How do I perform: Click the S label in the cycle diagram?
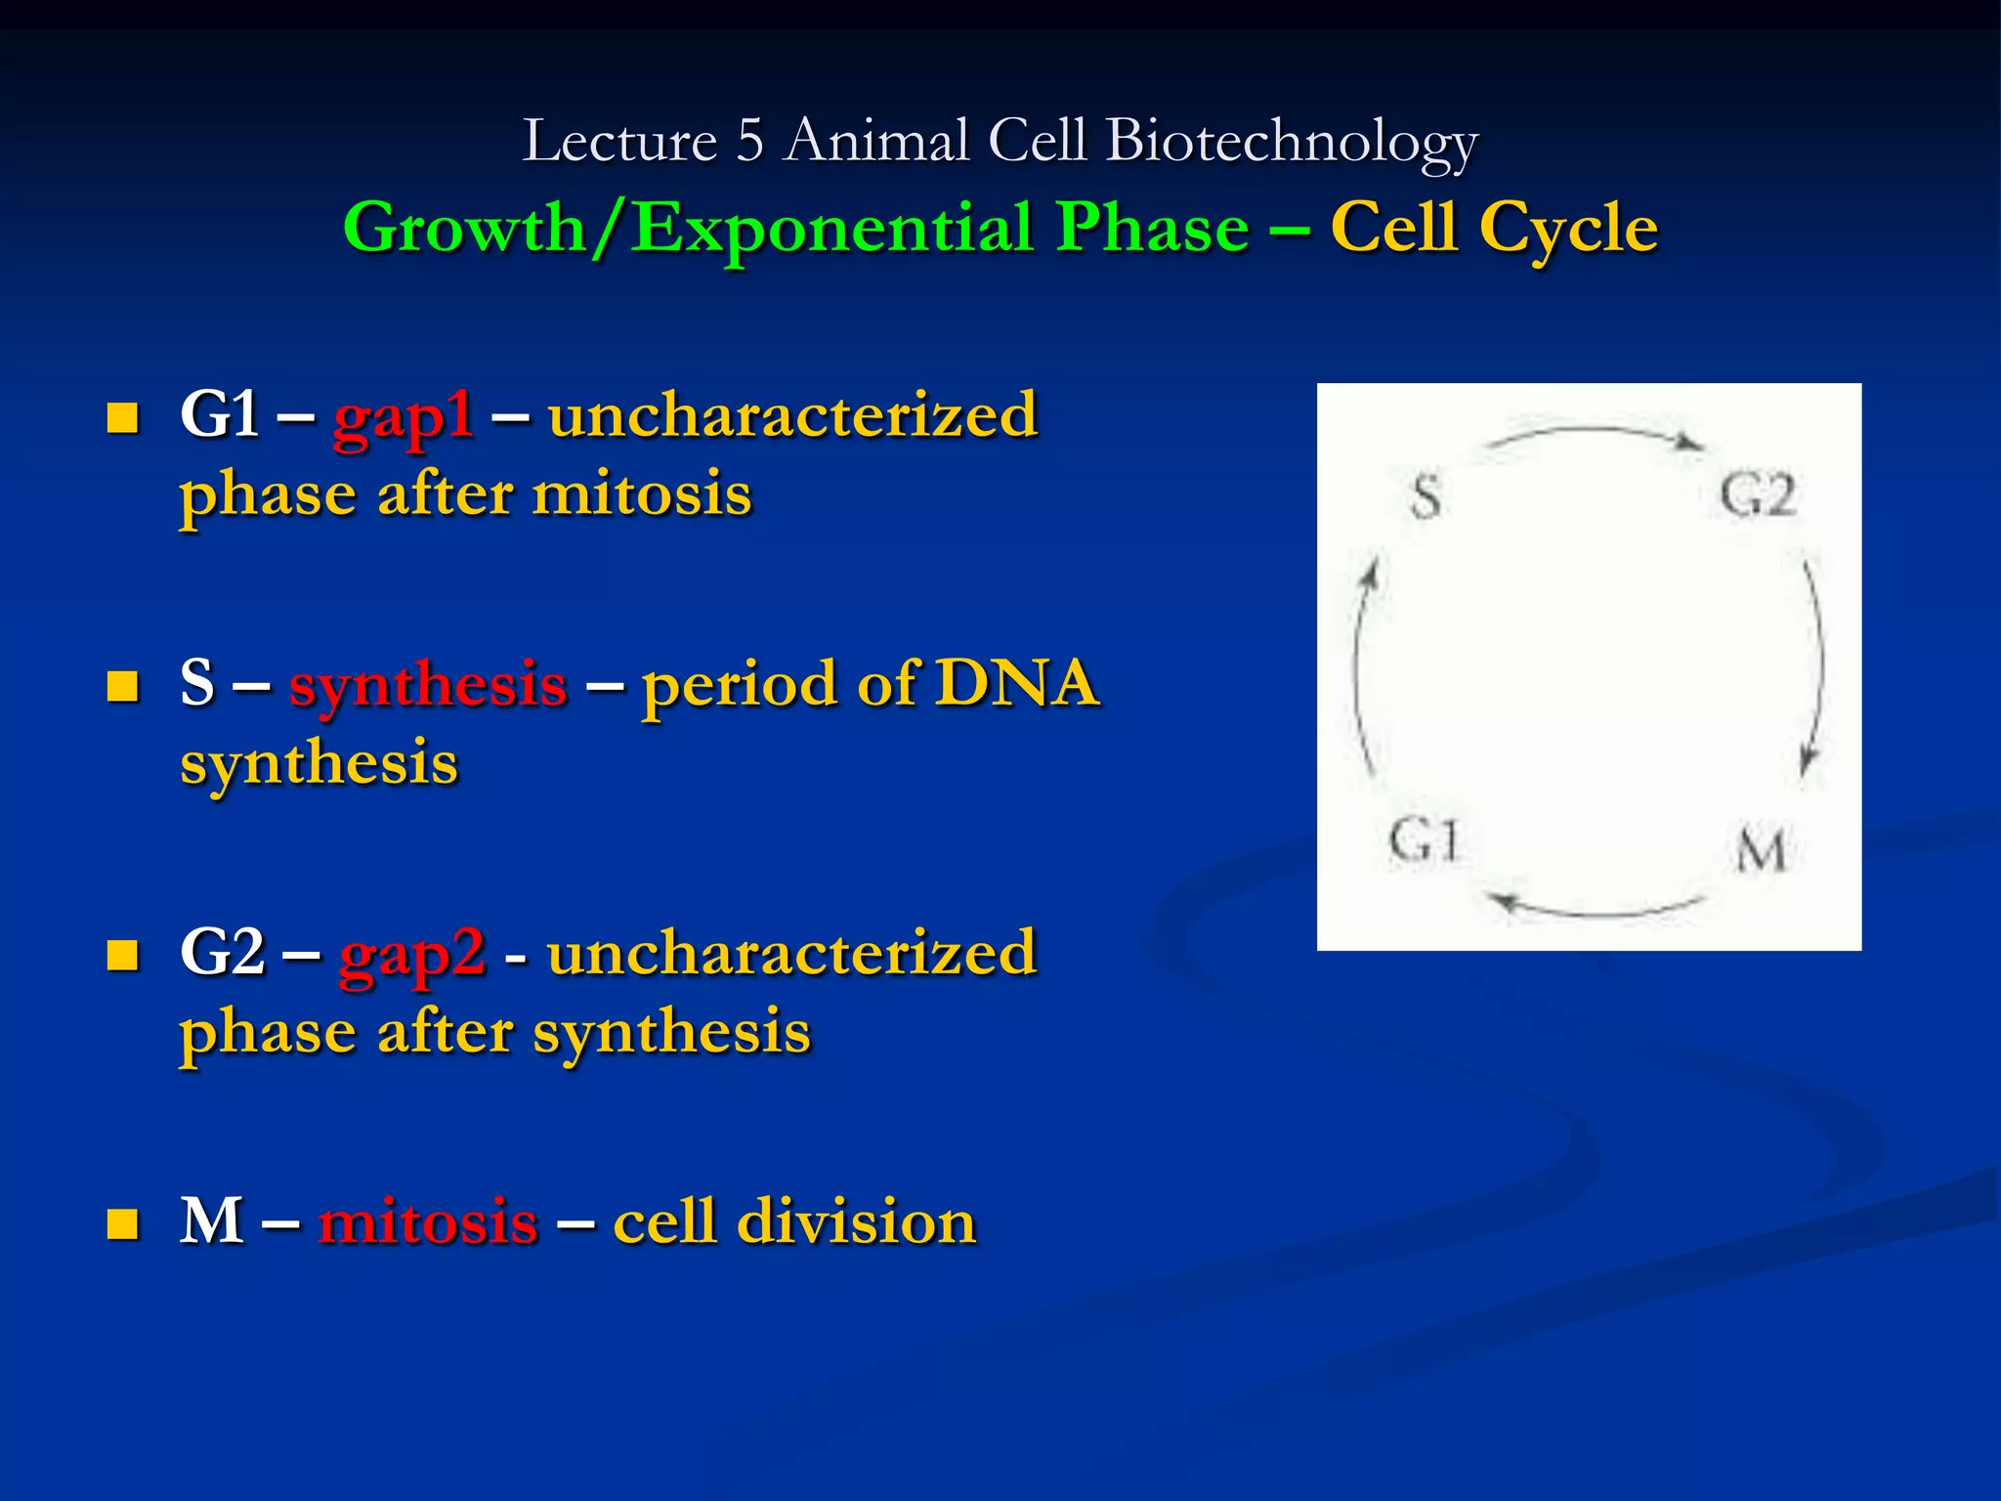[x=1426, y=496]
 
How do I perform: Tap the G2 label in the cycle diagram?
[x=1758, y=495]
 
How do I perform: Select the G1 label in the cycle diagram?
[x=1424, y=841]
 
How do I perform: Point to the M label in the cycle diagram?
[x=1762, y=848]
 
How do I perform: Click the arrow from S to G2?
[x=1596, y=435]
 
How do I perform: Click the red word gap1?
[x=404, y=417]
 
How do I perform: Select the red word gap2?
[x=412, y=955]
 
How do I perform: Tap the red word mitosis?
[x=428, y=1222]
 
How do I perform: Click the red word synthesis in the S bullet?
[x=428, y=684]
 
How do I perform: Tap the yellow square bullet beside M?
[x=122, y=1222]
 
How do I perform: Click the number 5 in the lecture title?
[x=749, y=141]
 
